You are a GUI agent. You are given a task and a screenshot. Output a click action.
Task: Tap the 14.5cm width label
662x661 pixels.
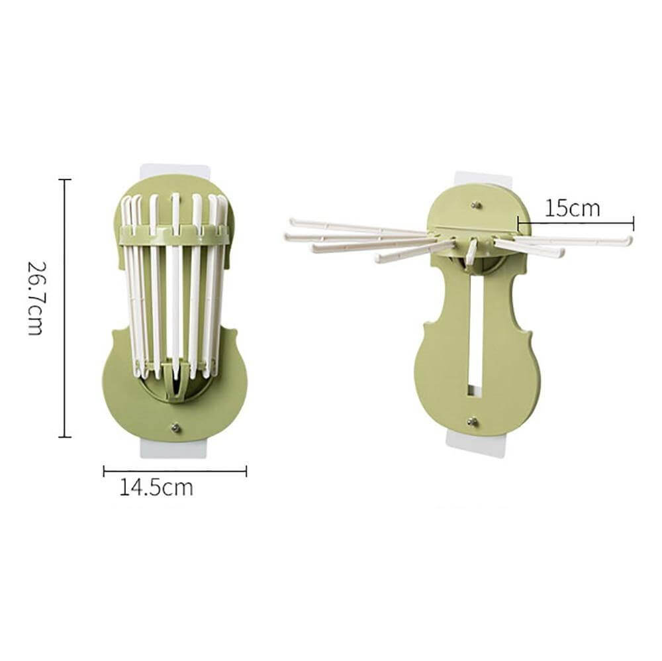[156, 487]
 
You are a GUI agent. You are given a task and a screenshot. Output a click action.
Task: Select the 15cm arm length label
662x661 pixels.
[572, 208]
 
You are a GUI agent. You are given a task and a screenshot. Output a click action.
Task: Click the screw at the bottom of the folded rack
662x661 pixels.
[175, 428]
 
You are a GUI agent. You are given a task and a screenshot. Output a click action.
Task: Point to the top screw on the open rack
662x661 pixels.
[476, 205]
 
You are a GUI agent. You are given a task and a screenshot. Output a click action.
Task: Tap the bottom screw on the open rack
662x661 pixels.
[473, 421]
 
